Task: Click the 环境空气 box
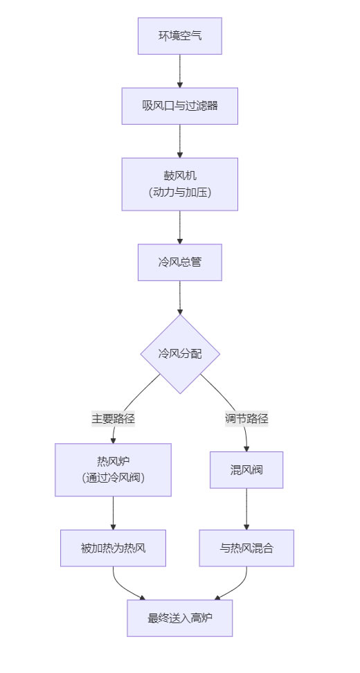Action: point(180,36)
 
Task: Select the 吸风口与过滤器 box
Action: point(180,106)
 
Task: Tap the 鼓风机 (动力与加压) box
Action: point(180,184)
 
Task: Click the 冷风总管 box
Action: point(180,262)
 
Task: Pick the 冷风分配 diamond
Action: point(180,354)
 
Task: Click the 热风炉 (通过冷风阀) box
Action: point(113,469)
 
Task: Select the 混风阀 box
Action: point(246,470)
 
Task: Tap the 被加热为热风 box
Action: point(113,548)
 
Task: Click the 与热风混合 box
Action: point(246,548)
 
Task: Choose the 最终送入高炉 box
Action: point(180,618)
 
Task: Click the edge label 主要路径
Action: point(113,418)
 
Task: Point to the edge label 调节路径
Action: point(246,418)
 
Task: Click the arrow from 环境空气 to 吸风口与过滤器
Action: point(180,71)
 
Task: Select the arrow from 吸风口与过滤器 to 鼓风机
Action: point(180,141)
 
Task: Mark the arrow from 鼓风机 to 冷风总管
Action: point(180,227)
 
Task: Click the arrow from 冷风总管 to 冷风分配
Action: point(180,297)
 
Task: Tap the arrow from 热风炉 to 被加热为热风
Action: point(113,513)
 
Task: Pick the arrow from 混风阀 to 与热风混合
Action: point(246,509)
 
